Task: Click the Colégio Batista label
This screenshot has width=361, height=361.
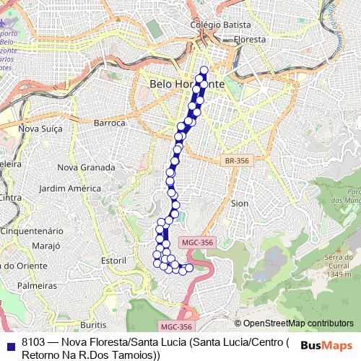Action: [215, 25]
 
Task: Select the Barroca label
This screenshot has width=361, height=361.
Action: [110, 123]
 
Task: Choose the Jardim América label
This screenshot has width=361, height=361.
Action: [69, 188]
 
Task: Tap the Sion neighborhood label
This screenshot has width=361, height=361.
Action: [239, 204]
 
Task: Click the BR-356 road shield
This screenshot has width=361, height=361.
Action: [235, 160]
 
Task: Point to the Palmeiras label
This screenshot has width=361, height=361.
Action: [37, 286]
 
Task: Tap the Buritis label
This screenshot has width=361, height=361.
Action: [95, 324]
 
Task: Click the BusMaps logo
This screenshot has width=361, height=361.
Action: [326, 345]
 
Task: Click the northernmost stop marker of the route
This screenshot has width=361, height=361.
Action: [204, 70]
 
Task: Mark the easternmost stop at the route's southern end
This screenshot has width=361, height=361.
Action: [190, 269]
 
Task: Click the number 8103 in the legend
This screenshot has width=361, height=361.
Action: [34, 342]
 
